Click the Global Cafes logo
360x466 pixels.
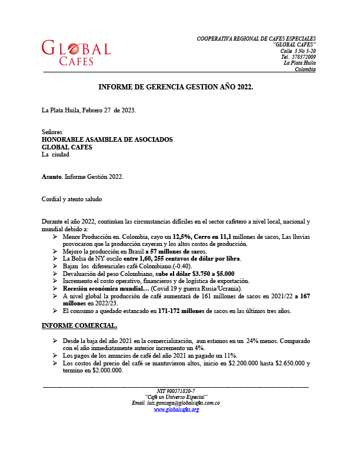coord(76,52)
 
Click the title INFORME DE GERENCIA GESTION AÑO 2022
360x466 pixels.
coord(176,87)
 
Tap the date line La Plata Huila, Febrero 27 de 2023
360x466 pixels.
coord(89,110)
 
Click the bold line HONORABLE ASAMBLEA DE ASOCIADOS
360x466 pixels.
coord(107,139)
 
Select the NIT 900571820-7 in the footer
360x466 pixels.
coord(176,391)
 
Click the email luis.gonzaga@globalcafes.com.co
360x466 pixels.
coord(176,403)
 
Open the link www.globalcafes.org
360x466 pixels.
coord(176,410)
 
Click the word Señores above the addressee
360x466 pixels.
coord(52,132)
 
